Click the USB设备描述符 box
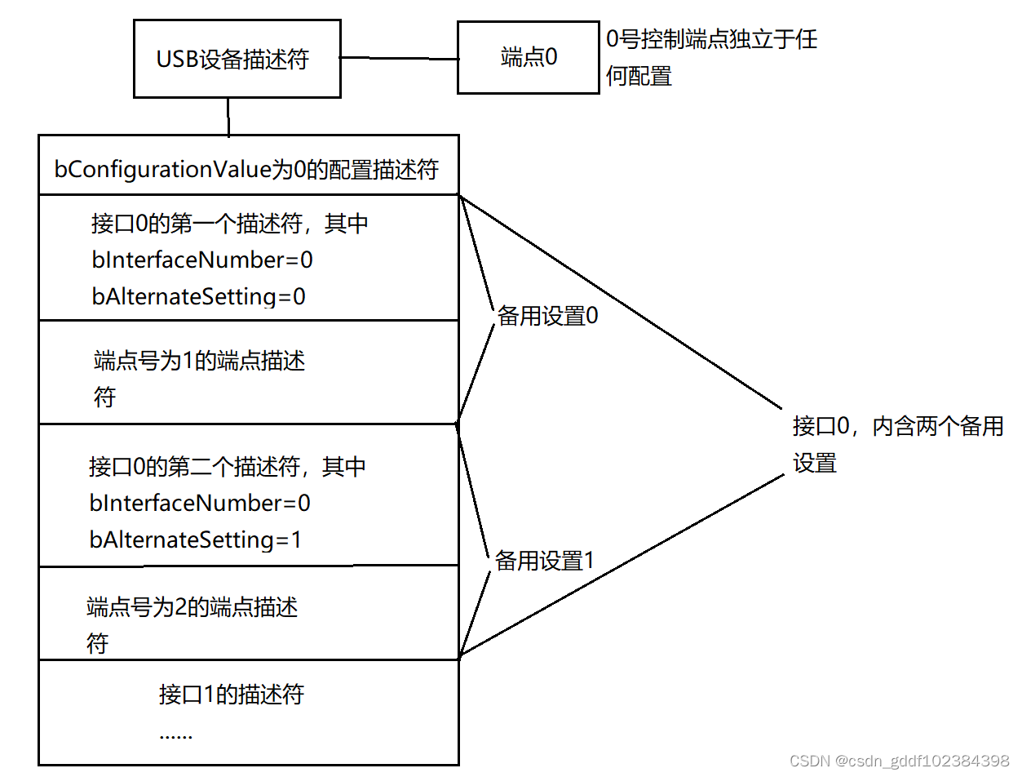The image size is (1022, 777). [237, 60]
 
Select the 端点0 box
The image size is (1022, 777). [528, 57]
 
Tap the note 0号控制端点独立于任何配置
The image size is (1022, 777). [711, 57]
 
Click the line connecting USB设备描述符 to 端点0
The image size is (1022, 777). [399, 58]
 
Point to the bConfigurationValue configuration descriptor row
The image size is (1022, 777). [246, 169]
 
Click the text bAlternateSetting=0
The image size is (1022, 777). [199, 296]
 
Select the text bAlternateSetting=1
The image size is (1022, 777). [196, 539]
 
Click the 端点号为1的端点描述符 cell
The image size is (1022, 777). [200, 377]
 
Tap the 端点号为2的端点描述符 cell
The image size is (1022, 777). [192, 624]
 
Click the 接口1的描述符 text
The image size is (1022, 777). [232, 695]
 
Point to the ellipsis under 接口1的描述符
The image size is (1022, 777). [175, 735]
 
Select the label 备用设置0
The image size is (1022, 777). [547, 317]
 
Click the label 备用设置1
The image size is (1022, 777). [545, 562]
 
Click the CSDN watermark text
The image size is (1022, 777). [900, 761]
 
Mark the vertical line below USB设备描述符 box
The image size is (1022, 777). [228, 117]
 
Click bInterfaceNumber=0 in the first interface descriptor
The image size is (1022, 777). [202, 260]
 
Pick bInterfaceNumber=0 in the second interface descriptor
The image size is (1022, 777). [200, 503]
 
